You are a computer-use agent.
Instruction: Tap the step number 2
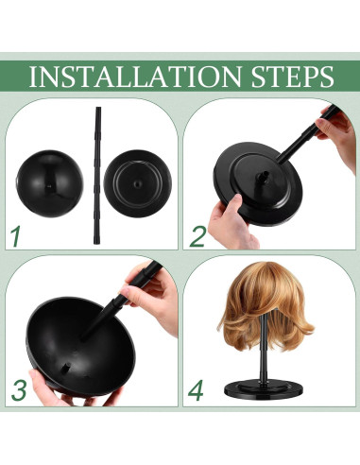tap(197, 235)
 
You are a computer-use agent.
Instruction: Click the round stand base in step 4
tap(271, 389)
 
